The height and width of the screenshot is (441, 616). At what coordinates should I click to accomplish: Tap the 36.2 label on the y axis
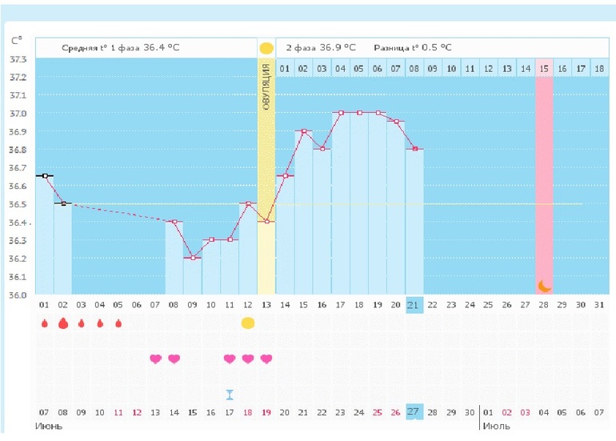pos(17,259)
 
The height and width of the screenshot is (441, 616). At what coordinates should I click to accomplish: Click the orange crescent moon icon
pos(544,285)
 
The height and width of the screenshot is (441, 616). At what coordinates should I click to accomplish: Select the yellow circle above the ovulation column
pos(266,48)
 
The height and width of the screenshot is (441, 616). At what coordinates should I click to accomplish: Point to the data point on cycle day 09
pos(193,258)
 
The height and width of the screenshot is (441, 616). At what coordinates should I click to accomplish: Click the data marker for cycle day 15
pos(303,131)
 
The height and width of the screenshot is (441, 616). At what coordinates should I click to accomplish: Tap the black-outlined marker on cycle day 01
pos(45,175)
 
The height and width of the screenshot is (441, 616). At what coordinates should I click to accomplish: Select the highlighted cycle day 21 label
pos(414,305)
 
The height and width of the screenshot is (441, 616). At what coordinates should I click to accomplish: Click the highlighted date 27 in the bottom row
pos(414,411)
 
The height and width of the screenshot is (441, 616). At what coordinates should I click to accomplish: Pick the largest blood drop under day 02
pos(62,323)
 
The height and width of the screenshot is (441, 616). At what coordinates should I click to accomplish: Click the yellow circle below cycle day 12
pos(248,323)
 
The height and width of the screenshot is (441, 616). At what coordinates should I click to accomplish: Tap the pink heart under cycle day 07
pos(155,359)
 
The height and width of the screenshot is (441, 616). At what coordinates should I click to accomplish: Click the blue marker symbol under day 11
pos(230,394)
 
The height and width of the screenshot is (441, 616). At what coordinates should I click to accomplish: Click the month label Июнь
pos(48,426)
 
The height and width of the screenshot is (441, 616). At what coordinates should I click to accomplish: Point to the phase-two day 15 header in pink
pos(544,69)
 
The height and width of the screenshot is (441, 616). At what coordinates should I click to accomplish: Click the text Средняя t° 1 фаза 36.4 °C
pos(121,48)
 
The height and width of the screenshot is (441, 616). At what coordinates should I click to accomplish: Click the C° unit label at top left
pos(16,40)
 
